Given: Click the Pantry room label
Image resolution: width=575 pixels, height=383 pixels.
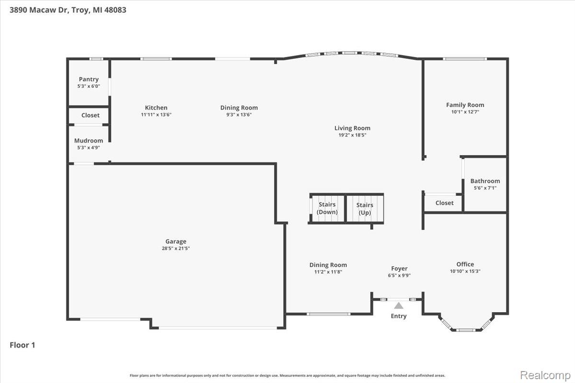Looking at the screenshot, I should (89, 79).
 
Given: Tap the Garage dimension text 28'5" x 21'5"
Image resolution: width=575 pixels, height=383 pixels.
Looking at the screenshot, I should (175, 248).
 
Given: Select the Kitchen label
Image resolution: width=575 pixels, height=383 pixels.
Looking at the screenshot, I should (156, 108).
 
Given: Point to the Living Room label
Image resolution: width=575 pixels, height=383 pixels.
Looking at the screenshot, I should (352, 128).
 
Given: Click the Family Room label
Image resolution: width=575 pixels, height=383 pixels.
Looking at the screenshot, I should (465, 105).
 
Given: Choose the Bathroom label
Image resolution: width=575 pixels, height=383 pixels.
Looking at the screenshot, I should (485, 181).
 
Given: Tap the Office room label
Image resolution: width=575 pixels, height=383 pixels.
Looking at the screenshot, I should (465, 264).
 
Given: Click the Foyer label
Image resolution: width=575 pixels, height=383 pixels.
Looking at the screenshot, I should (399, 269).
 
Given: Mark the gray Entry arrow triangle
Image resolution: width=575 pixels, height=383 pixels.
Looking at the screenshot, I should (399, 304).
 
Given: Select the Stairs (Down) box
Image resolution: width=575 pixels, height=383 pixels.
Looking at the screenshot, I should (327, 208).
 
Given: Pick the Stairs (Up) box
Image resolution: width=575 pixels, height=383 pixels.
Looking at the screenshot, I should (365, 209).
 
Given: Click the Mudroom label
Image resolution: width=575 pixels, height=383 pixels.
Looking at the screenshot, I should (89, 141).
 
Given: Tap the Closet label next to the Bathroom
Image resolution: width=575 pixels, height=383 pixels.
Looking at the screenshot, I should (444, 203).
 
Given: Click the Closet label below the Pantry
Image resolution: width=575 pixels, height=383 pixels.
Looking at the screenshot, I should (90, 115).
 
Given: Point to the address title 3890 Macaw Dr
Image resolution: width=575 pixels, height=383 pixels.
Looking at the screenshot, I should (67, 10).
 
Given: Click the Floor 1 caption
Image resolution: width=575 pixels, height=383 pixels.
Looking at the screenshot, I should (23, 345).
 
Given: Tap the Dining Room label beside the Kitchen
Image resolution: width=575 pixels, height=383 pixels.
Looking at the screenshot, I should (239, 108).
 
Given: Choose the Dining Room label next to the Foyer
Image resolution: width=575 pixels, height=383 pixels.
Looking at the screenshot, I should (328, 265).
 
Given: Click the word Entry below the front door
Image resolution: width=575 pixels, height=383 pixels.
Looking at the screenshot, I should (399, 316).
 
